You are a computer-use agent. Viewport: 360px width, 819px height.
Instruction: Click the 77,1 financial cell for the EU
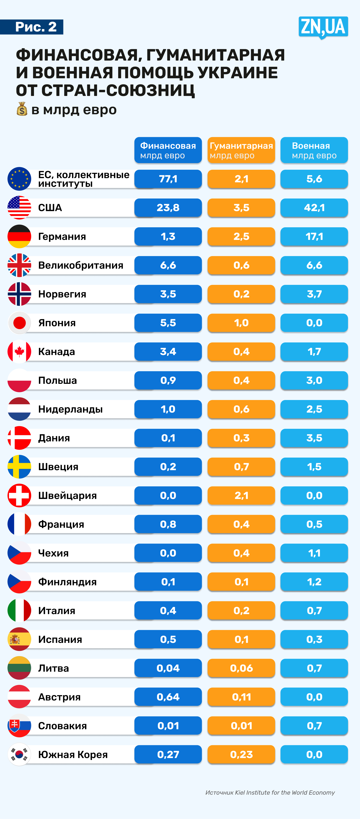[168, 179]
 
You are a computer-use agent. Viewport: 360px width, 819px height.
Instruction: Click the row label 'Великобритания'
[81, 265]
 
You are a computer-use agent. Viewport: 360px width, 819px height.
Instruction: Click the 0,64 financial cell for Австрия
[168, 697]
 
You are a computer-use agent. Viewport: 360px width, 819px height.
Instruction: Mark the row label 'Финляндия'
[67, 582]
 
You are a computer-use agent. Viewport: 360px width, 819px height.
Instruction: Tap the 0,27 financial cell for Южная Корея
[168, 754]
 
